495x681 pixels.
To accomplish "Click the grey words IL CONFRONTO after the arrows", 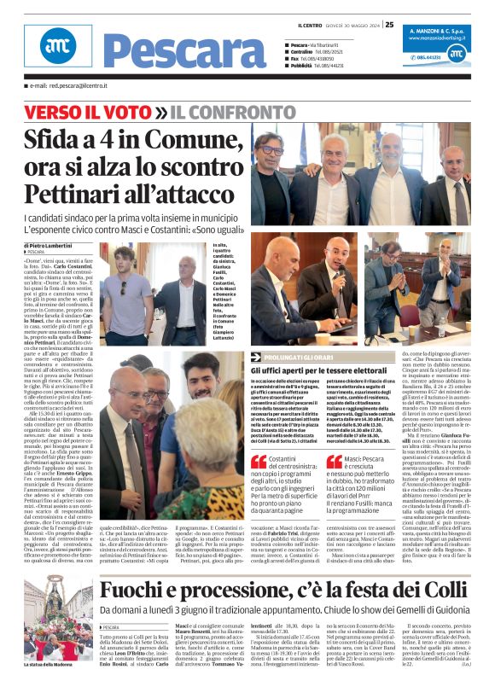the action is tap(222, 112).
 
